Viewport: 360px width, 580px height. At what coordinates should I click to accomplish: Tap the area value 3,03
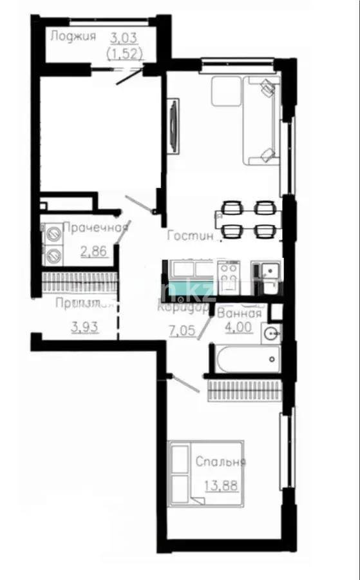point(124,36)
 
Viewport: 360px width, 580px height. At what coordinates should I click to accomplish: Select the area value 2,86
point(93,251)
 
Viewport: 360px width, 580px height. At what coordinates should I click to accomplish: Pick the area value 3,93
point(85,326)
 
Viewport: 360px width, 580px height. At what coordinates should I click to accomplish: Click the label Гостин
point(190,236)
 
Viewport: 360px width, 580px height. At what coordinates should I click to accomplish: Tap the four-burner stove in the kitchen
point(228,276)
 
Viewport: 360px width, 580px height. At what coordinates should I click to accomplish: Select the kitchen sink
point(269,271)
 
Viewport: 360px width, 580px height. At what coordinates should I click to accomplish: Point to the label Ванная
point(240,314)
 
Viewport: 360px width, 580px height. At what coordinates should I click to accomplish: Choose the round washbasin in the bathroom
point(272,334)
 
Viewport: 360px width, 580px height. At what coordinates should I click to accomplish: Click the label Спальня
point(220,461)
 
